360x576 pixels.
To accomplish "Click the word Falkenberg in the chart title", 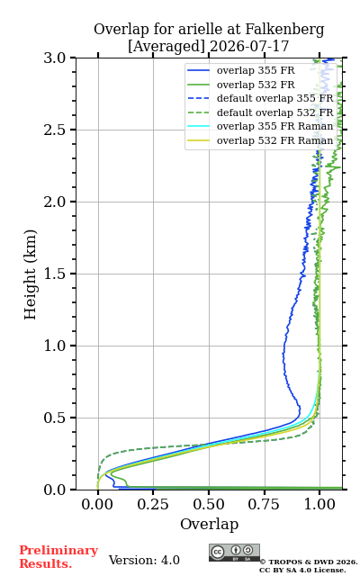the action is point(284,30).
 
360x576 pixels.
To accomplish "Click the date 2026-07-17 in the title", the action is point(249,47).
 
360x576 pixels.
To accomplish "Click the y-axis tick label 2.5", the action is point(55,130).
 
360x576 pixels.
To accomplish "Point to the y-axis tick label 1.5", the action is point(55,274).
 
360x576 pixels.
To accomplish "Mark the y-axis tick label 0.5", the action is point(55,418).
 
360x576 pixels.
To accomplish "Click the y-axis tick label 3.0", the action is point(55,58).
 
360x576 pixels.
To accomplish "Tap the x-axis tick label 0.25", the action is point(153,505).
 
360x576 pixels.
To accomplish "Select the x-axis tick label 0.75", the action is point(264,505).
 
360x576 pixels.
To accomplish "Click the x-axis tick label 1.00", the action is point(319,505).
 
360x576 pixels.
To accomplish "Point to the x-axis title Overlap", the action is point(209,525).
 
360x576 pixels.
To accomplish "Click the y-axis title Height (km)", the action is point(31,274).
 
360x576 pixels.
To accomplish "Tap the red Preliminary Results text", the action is point(58,557).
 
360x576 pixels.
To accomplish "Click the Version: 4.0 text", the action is point(144,560).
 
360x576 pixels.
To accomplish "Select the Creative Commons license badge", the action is point(234,553).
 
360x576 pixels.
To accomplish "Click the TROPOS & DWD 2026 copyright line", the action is point(309,562).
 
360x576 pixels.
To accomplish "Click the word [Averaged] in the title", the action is point(166,47).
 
